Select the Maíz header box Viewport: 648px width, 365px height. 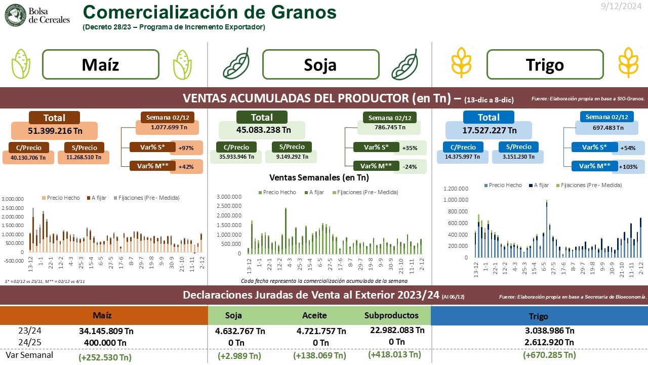click(100, 64)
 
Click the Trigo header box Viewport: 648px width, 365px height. click(545, 64)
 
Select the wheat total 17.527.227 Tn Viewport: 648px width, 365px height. click(489, 130)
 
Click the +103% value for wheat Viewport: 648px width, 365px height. click(629, 166)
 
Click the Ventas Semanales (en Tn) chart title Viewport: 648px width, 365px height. click(319, 177)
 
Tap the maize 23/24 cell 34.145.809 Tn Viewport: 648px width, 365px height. click(105, 331)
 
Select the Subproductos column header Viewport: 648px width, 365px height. click(391, 315)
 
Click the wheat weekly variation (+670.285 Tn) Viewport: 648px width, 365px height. click(549, 355)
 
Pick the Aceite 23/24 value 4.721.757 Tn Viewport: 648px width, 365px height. click(321, 331)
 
